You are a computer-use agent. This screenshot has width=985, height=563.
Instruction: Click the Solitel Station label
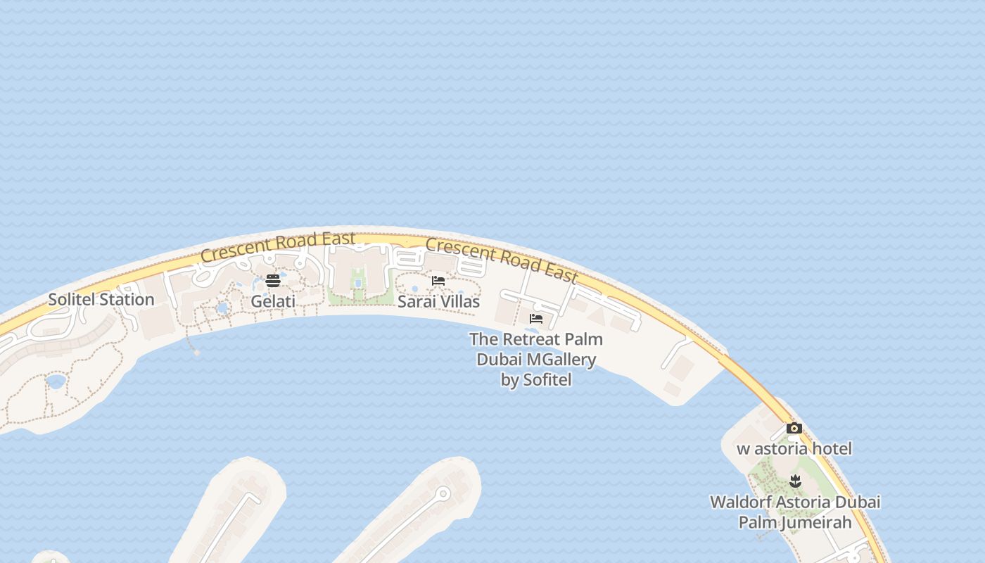click(x=101, y=300)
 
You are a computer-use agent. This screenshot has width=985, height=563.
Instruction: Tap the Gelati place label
click(x=273, y=302)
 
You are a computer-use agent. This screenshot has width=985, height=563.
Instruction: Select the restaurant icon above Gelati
click(x=273, y=281)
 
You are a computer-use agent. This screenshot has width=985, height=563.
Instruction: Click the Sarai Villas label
click(x=438, y=302)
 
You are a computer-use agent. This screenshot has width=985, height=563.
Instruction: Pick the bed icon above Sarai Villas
click(x=438, y=281)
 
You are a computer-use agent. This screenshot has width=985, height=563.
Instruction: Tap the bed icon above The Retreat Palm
click(x=536, y=319)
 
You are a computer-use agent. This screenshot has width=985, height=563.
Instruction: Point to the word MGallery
click(x=561, y=360)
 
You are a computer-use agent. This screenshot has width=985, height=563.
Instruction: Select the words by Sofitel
click(x=535, y=380)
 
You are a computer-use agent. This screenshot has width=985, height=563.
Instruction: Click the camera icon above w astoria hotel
click(x=794, y=428)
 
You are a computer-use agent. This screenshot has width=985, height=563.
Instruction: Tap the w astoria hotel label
click(x=794, y=449)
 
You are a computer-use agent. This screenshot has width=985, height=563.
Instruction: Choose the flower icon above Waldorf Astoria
click(x=795, y=481)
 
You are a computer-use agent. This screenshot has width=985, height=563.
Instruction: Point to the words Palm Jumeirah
click(x=794, y=522)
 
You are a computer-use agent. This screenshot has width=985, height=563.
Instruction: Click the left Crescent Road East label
click(x=277, y=247)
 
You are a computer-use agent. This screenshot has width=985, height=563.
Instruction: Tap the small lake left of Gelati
click(x=222, y=308)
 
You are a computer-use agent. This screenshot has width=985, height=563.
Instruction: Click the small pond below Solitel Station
click(x=56, y=381)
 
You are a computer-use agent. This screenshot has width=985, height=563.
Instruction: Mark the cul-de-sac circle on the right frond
click(x=443, y=494)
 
